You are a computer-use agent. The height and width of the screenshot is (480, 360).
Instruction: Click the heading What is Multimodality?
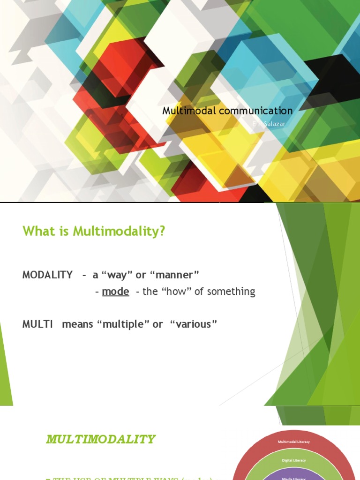[x=94, y=232]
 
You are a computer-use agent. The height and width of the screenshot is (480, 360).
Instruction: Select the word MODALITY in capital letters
[x=47, y=275]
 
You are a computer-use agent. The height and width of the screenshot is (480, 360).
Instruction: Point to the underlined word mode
[x=115, y=292]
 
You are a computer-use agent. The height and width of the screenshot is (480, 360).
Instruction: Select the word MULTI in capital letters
[x=37, y=324]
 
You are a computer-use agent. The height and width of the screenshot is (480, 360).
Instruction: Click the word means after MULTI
[x=77, y=324]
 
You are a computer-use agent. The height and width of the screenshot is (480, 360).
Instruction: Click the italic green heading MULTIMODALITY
[x=100, y=439]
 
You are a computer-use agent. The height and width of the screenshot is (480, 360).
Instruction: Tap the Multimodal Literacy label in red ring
[x=294, y=442]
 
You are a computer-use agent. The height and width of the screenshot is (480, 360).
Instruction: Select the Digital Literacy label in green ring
[x=294, y=460]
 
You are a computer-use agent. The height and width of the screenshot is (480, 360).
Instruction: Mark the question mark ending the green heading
[x=162, y=232]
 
